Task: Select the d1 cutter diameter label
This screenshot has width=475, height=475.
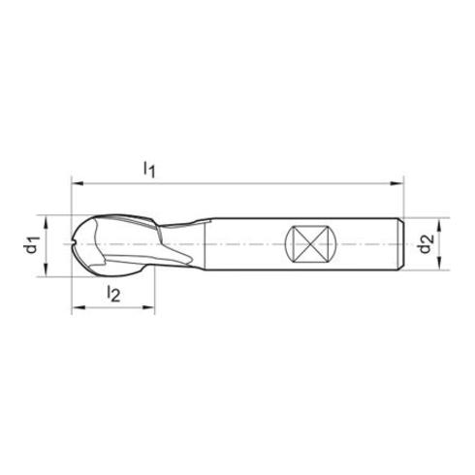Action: [31, 245]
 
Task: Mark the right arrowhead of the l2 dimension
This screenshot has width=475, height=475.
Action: [153, 309]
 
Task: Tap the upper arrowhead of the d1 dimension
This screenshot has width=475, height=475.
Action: [45, 217]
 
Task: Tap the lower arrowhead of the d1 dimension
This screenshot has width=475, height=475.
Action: [45, 271]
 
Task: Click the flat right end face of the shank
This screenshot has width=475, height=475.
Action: [400, 244]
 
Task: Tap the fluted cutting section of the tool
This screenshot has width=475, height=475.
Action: [145, 244]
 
